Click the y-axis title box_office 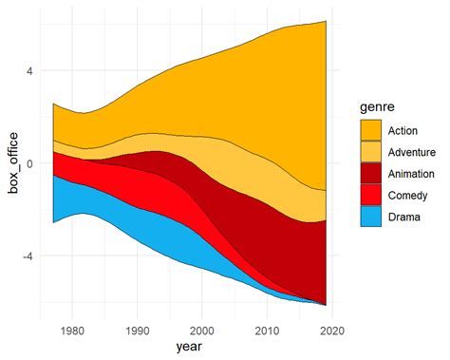click(x=14, y=162)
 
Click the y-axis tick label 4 click(x=30, y=70)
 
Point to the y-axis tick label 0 click(x=30, y=162)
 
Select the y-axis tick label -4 click(x=28, y=256)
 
